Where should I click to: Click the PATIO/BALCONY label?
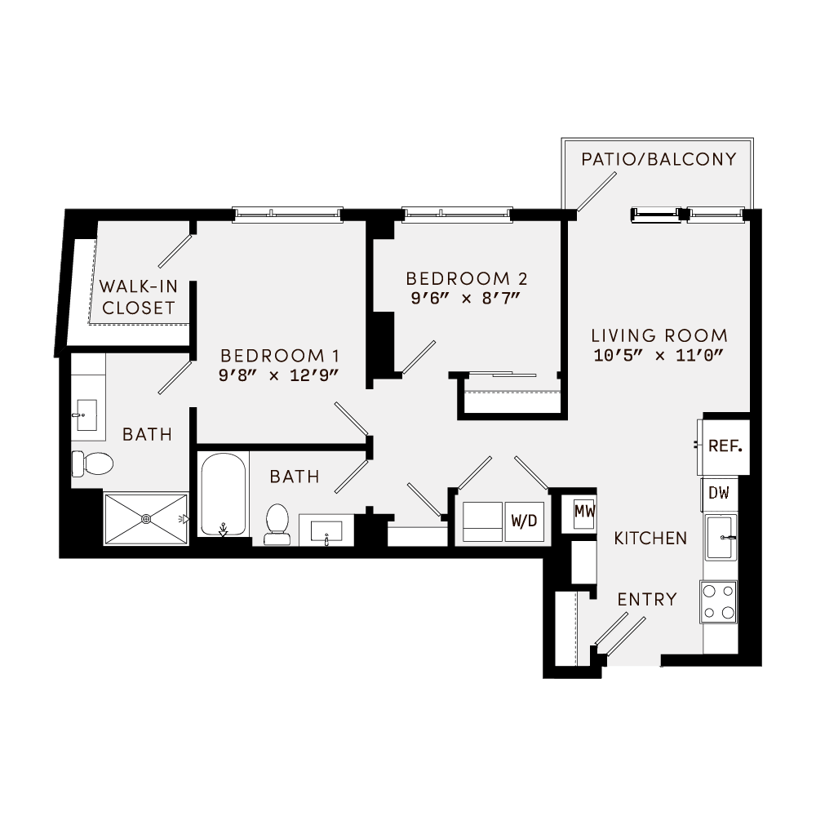point(659,159)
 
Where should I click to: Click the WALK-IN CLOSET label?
point(137,297)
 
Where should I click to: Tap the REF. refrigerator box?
point(724,446)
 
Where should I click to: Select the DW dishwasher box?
point(719,493)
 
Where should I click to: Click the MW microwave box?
point(583,512)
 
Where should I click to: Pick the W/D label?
point(524,520)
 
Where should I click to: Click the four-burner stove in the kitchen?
point(719,602)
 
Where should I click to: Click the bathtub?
point(223,494)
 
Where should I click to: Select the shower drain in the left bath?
point(147,518)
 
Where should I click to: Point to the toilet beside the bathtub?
point(277,523)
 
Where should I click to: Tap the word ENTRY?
point(647,600)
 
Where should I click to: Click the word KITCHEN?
point(650,539)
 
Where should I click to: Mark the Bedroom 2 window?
point(457,215)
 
